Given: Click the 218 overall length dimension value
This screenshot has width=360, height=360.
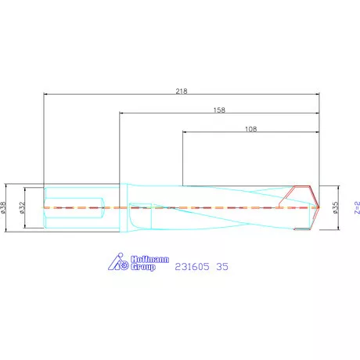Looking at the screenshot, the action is pyautogui.click(x=182, y=91).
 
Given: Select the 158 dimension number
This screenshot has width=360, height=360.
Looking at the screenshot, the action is pyautogui.click(x=219, y=110).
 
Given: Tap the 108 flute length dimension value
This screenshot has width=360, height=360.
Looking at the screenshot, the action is pyautogui.click(x=250, y=129).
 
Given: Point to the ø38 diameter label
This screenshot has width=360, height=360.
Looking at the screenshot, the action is pyautogui.click(x=3, y=207).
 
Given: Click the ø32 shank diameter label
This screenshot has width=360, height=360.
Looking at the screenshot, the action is pyautogui.click(x=22, y=207).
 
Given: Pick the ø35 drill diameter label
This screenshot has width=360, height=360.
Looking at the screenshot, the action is pyautogui.click(x=336, y=207).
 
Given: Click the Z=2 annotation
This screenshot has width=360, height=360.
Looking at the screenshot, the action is pyautogui.click(x=357, y=207).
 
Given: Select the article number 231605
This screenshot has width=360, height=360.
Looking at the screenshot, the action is pyautogui.click(x=192, y=267).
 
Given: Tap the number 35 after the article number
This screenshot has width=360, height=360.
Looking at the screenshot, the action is pyautogui.click(x=222, y=267).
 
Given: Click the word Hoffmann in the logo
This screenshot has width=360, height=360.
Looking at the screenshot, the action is pyautogui.click(x=149, y=259).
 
